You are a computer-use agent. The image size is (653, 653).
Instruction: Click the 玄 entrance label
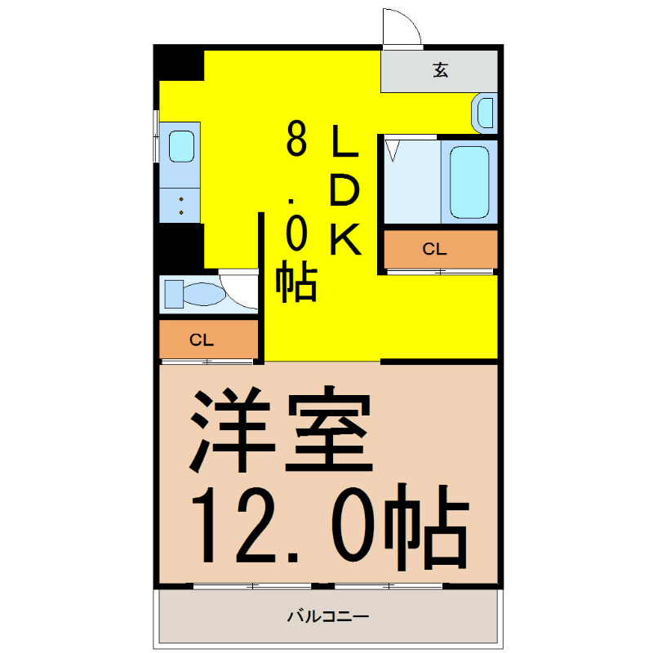(441, 70)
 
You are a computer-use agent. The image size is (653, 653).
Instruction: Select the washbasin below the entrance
(485, 113)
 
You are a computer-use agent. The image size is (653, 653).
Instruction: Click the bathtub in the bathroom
(469, 182)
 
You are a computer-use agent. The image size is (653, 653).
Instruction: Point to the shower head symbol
(392, 151)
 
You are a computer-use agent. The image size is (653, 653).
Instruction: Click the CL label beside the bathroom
(434, 249)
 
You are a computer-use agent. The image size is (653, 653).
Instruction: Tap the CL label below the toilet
(202, 340)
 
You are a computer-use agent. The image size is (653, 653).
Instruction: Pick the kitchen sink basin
(181, 146)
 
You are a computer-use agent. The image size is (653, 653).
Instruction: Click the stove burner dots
(181, 207)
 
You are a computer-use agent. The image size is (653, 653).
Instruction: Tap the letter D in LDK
(344, 190)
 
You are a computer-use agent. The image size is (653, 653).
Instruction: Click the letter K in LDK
(345, 239)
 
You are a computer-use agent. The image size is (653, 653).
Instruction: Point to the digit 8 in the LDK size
(296, 139)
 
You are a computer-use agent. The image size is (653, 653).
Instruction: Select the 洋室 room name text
(281, 429)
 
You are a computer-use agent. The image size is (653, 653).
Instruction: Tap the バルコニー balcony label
(328, 616)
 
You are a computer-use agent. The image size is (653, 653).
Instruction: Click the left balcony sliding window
(252, 586)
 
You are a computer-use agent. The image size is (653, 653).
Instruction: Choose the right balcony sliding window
(389, 586)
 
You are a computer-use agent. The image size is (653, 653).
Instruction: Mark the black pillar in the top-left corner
(179, 63)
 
